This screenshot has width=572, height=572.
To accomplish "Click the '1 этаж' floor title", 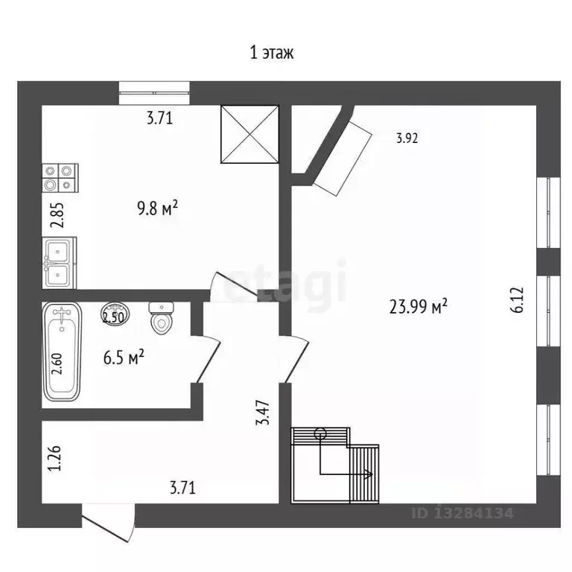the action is (271, 54).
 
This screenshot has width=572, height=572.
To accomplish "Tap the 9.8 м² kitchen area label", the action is (158, 209).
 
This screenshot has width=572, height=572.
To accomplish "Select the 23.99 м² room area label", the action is (418, 306).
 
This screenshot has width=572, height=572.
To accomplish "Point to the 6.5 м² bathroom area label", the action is (124, 357).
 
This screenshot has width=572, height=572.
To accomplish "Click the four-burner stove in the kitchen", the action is (60, 178).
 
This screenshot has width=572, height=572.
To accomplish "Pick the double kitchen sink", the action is (59, 263).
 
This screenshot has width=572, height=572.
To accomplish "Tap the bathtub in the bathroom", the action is (62, 352).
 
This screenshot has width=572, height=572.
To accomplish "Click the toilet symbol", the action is (161, 318).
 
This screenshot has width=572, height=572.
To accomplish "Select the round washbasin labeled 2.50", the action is (115, 314).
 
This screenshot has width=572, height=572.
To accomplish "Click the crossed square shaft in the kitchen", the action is (250, 134).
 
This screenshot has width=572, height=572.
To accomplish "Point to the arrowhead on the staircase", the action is (368, 474).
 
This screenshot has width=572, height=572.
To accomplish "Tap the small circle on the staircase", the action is (320, 433).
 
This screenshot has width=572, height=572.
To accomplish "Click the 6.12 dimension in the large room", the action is (517, 300).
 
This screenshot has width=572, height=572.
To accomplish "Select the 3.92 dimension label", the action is (407, 139).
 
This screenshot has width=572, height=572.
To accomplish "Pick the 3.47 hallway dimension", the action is (263, 412).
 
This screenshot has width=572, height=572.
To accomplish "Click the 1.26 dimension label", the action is (54, 458).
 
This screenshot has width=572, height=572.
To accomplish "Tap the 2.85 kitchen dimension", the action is (57, 214).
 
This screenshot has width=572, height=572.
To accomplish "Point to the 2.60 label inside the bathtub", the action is (57, 364).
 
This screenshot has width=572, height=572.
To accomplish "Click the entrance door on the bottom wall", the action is (108, 522).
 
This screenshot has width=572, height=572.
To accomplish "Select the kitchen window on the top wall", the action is (154, 93).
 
